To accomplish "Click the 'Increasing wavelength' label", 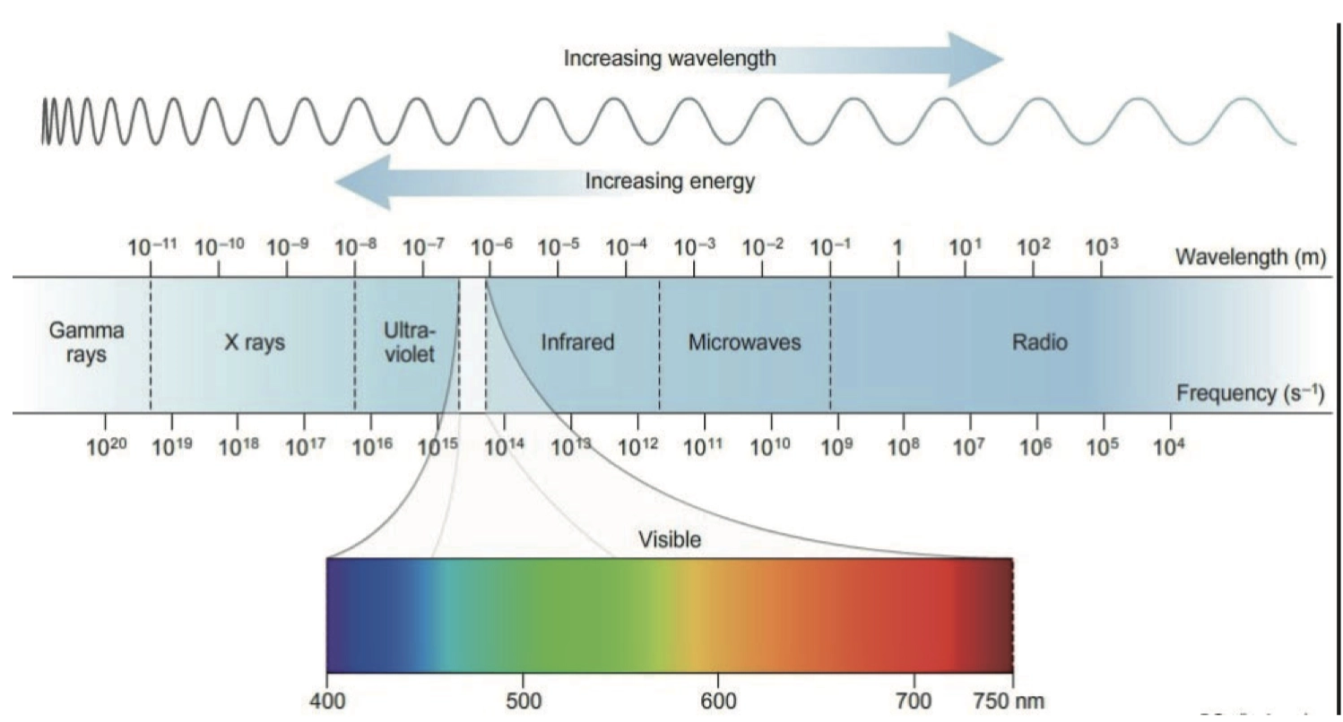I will (x=670, y=59).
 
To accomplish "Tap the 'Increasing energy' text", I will (x=670, y=182).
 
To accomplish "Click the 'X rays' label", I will (x=254, y=342).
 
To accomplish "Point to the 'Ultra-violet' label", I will (x=409, y=342).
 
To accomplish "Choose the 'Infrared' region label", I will (x=577, y=342).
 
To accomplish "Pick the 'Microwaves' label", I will (x=744, y=342).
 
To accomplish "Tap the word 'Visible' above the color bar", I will (x=669, y=539).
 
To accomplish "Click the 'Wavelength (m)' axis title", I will (x=1250, y=259).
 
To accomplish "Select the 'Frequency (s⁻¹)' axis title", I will (x=1250, y=393).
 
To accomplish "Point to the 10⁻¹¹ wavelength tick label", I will (x=151, y=247).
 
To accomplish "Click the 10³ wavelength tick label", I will (x=1101, y=247).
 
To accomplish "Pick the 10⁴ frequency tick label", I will (x=1168, y=444).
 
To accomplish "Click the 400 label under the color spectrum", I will (x=327, y=700).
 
